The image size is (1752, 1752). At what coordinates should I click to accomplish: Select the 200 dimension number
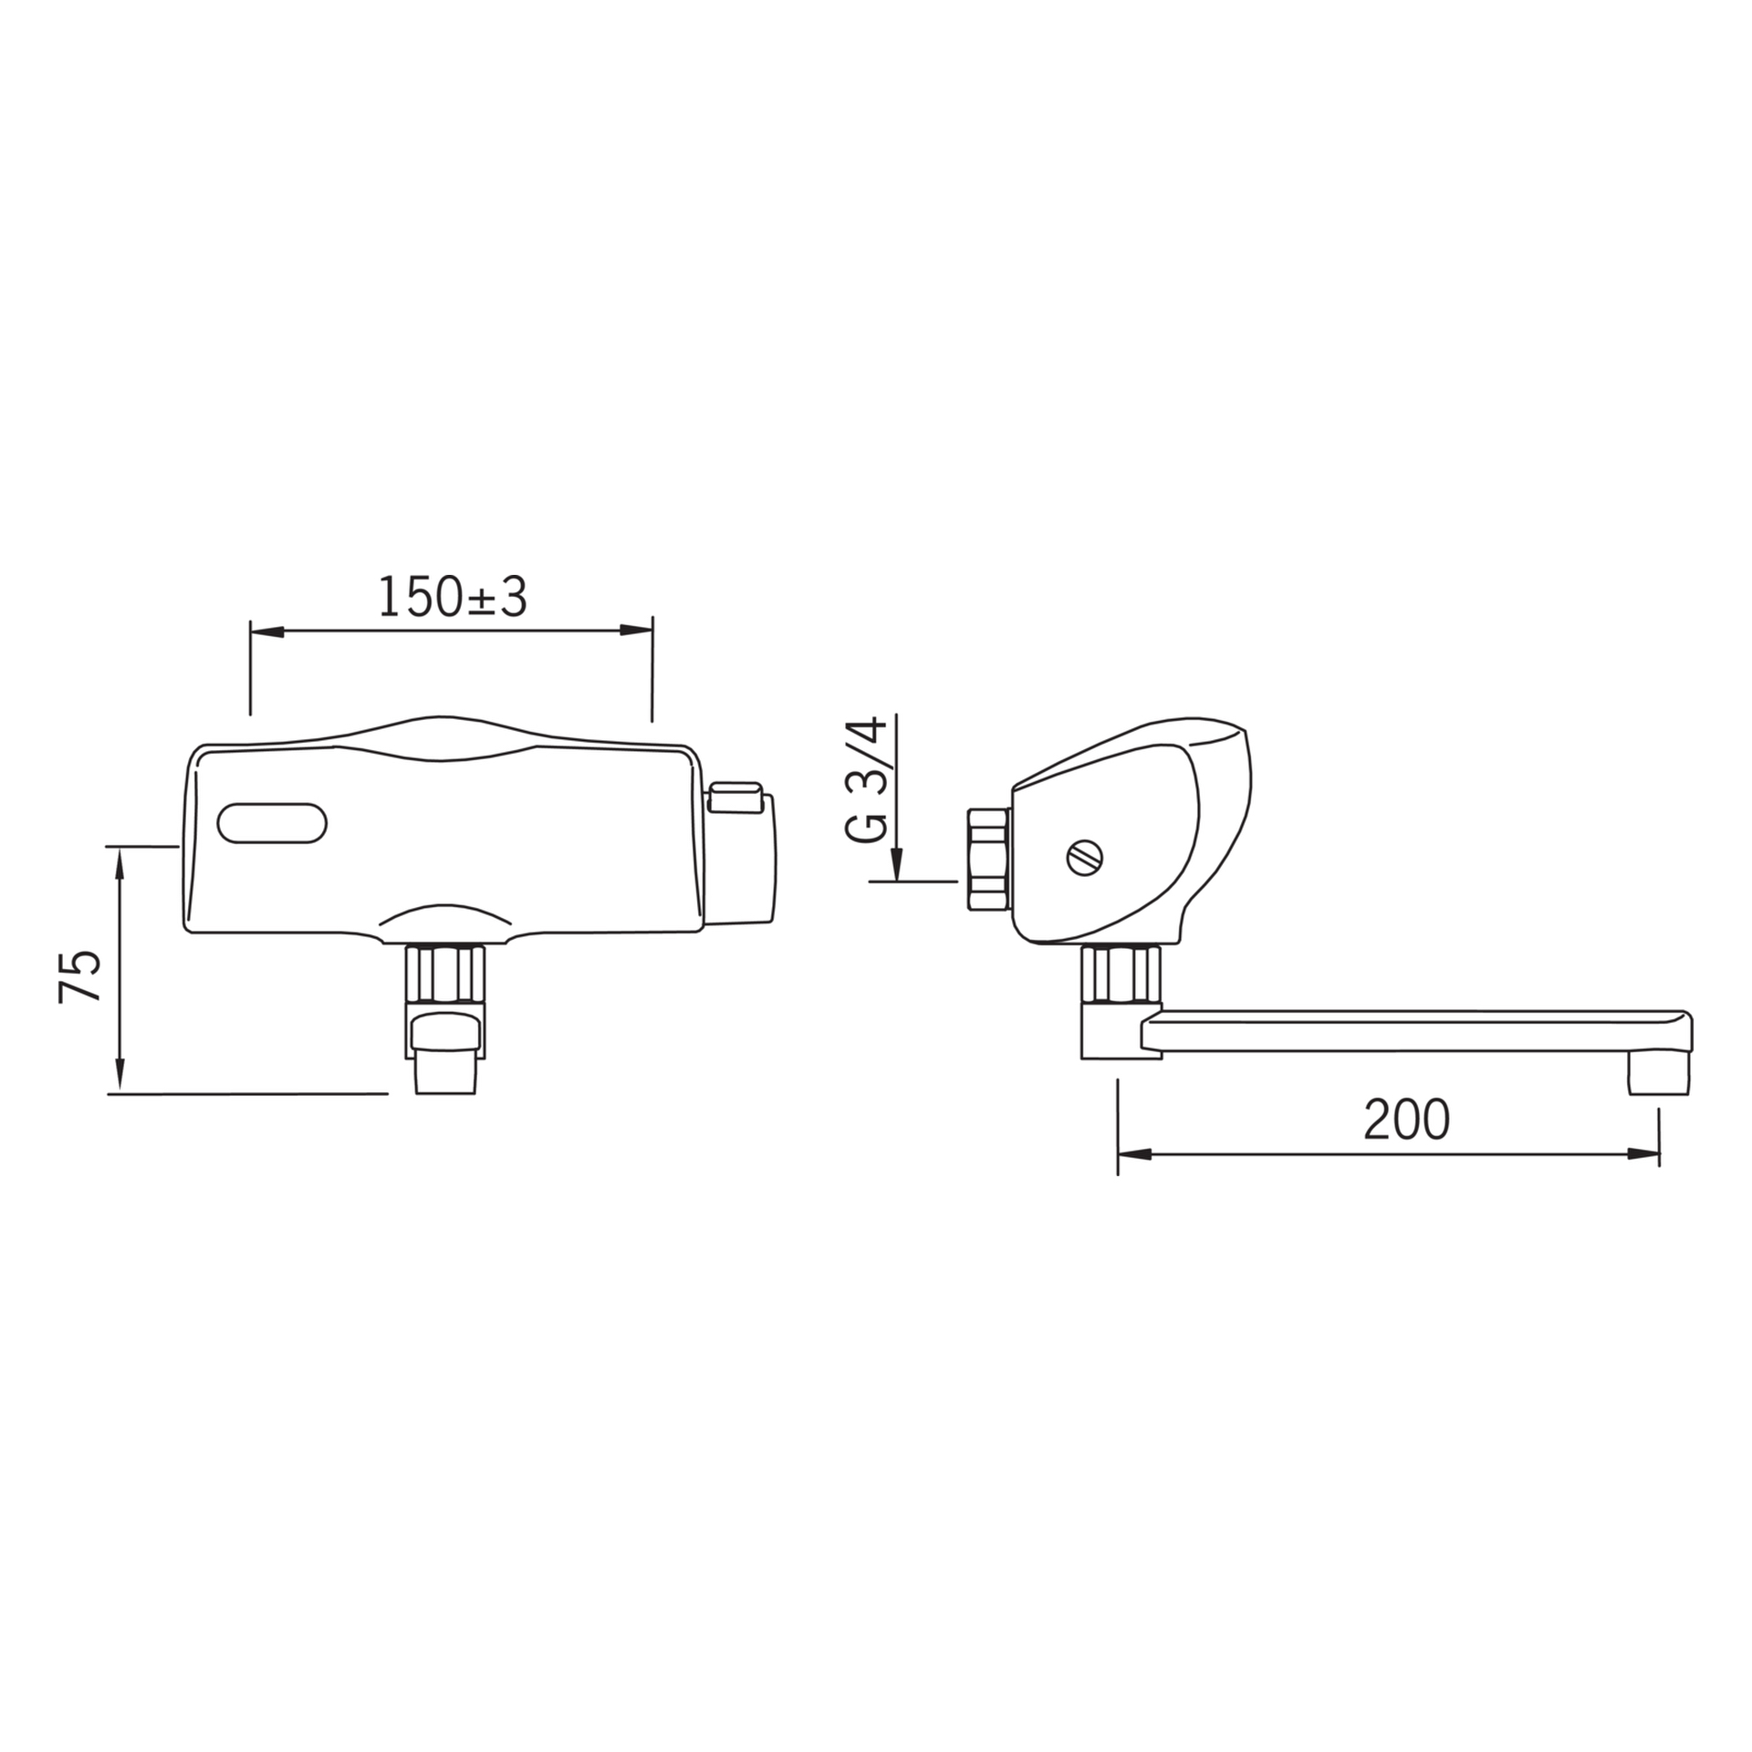[1406, 1120]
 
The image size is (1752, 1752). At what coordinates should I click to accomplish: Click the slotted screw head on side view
[1084, 857]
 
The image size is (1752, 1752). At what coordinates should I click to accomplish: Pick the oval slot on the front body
[271, 823]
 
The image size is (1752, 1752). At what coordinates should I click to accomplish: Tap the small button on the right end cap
[735, 796]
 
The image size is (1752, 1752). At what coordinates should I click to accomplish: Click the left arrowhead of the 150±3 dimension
[265, 631]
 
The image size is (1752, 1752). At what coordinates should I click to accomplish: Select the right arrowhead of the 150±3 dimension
[637, 631]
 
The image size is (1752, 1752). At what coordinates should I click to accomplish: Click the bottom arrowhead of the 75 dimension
[120, 1078]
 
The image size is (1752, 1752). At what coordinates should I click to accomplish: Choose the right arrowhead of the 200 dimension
[1643, 1154]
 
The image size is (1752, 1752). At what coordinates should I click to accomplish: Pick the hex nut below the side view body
[1121, 975]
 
